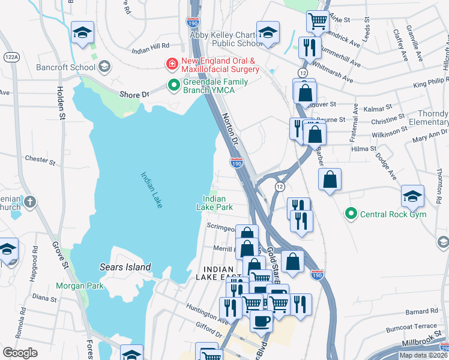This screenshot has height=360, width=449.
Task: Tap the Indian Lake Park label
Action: click(214, 203)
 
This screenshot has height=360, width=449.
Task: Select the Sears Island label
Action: click(125, 267)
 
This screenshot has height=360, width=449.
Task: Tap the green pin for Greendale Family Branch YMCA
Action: click(174, 86)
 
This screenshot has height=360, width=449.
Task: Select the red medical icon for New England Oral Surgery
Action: click(172, 63)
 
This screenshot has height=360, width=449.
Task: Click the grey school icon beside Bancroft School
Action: click(105, 66)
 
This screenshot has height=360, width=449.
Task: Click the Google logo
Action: click(20, 353)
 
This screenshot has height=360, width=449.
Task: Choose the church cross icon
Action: click(31, 202)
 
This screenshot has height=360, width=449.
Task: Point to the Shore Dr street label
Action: click(134, 94)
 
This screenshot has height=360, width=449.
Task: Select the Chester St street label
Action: click(40, 160)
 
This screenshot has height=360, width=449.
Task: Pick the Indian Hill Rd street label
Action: click(150, 46)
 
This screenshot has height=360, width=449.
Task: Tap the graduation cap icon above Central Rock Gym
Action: click(412, 196)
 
